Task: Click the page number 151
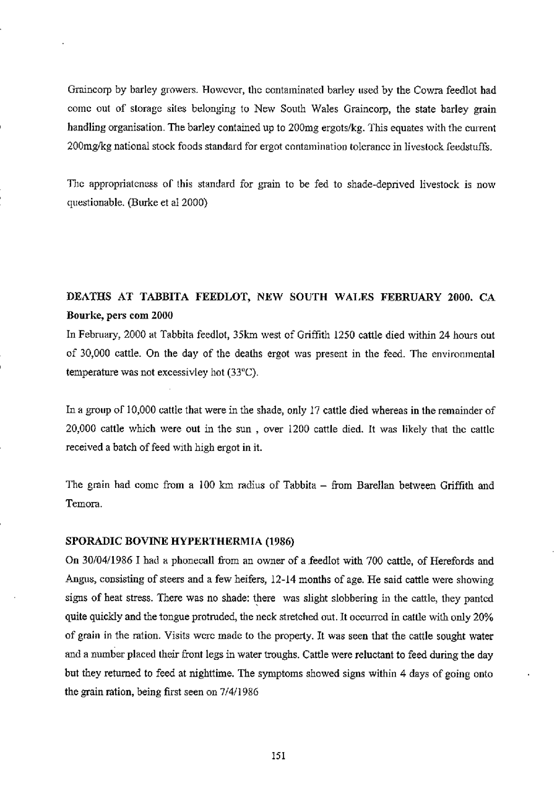(x=278, y=756)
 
